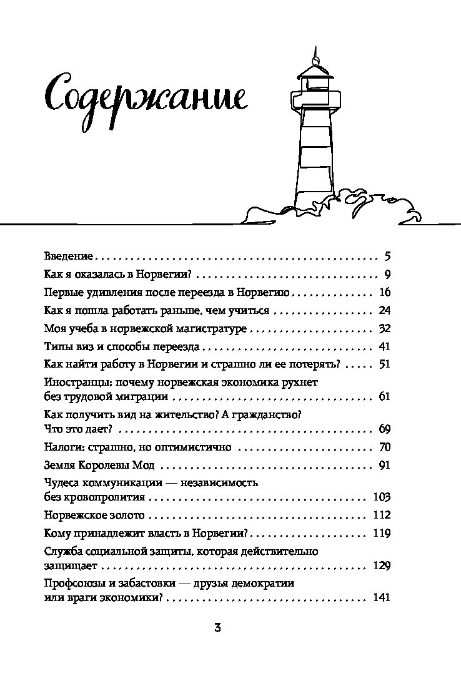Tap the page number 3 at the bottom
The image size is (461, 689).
(x=217, y=627)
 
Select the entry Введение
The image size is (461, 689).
(x=69, y=256)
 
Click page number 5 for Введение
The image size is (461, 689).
(x=387, y=256)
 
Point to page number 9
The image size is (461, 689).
(x=387, y=275)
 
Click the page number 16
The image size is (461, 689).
(x=385, y=292)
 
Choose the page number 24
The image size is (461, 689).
(x=385, y=310)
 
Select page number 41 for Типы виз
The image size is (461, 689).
(x=385, y=346)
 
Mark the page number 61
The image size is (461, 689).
(x=385, y=396)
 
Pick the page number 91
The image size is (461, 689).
(x=385, y=465)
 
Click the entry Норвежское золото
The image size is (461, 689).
(x=94, y=515)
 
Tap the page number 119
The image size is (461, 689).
(x=382, y=533)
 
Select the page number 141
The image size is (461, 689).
(x=382, y=598)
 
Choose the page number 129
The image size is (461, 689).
(x=382, y=565)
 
